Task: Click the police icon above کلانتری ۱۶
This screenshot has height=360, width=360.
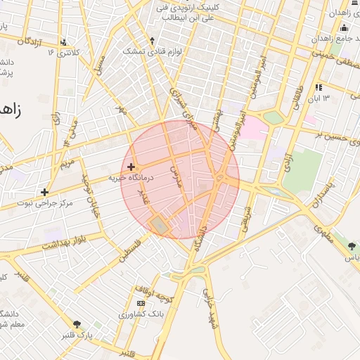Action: click(x=64, y=42)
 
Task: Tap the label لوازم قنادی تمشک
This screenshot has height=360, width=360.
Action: click(x=144, y=51)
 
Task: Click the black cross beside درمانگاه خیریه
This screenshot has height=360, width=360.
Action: click(x=131, y=167)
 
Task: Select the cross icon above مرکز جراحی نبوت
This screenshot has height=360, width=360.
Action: click(x=45, y=191)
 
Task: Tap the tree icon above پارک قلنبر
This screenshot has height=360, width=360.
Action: click(x=77, y=324)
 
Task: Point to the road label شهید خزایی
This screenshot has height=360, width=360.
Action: click(x=209, y=309)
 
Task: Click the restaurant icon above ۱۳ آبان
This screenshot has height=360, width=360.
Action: click(x=319, y=88)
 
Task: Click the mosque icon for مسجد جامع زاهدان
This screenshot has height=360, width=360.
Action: click(x=344, y=28)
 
